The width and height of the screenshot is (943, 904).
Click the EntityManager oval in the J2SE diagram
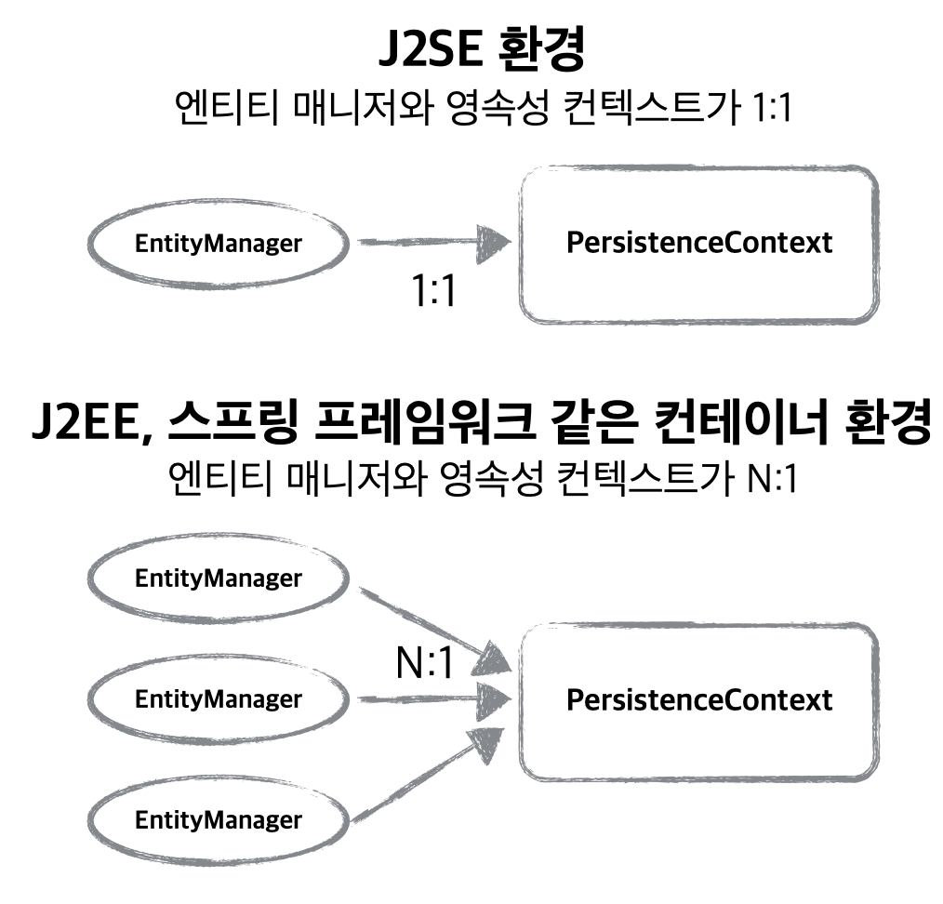(x=218, y=244)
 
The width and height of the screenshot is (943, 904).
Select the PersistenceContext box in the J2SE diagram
(x=698, y=244)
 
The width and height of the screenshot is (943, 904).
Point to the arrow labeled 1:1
(x=432, y=243)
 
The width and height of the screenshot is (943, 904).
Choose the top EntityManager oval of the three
(x=218, y=578)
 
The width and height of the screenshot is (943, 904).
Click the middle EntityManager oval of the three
(x=218, y=698)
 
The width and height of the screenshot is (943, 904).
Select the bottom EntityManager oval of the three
(x=218, y=820)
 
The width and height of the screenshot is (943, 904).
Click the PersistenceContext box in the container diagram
(x=698, y=700)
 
